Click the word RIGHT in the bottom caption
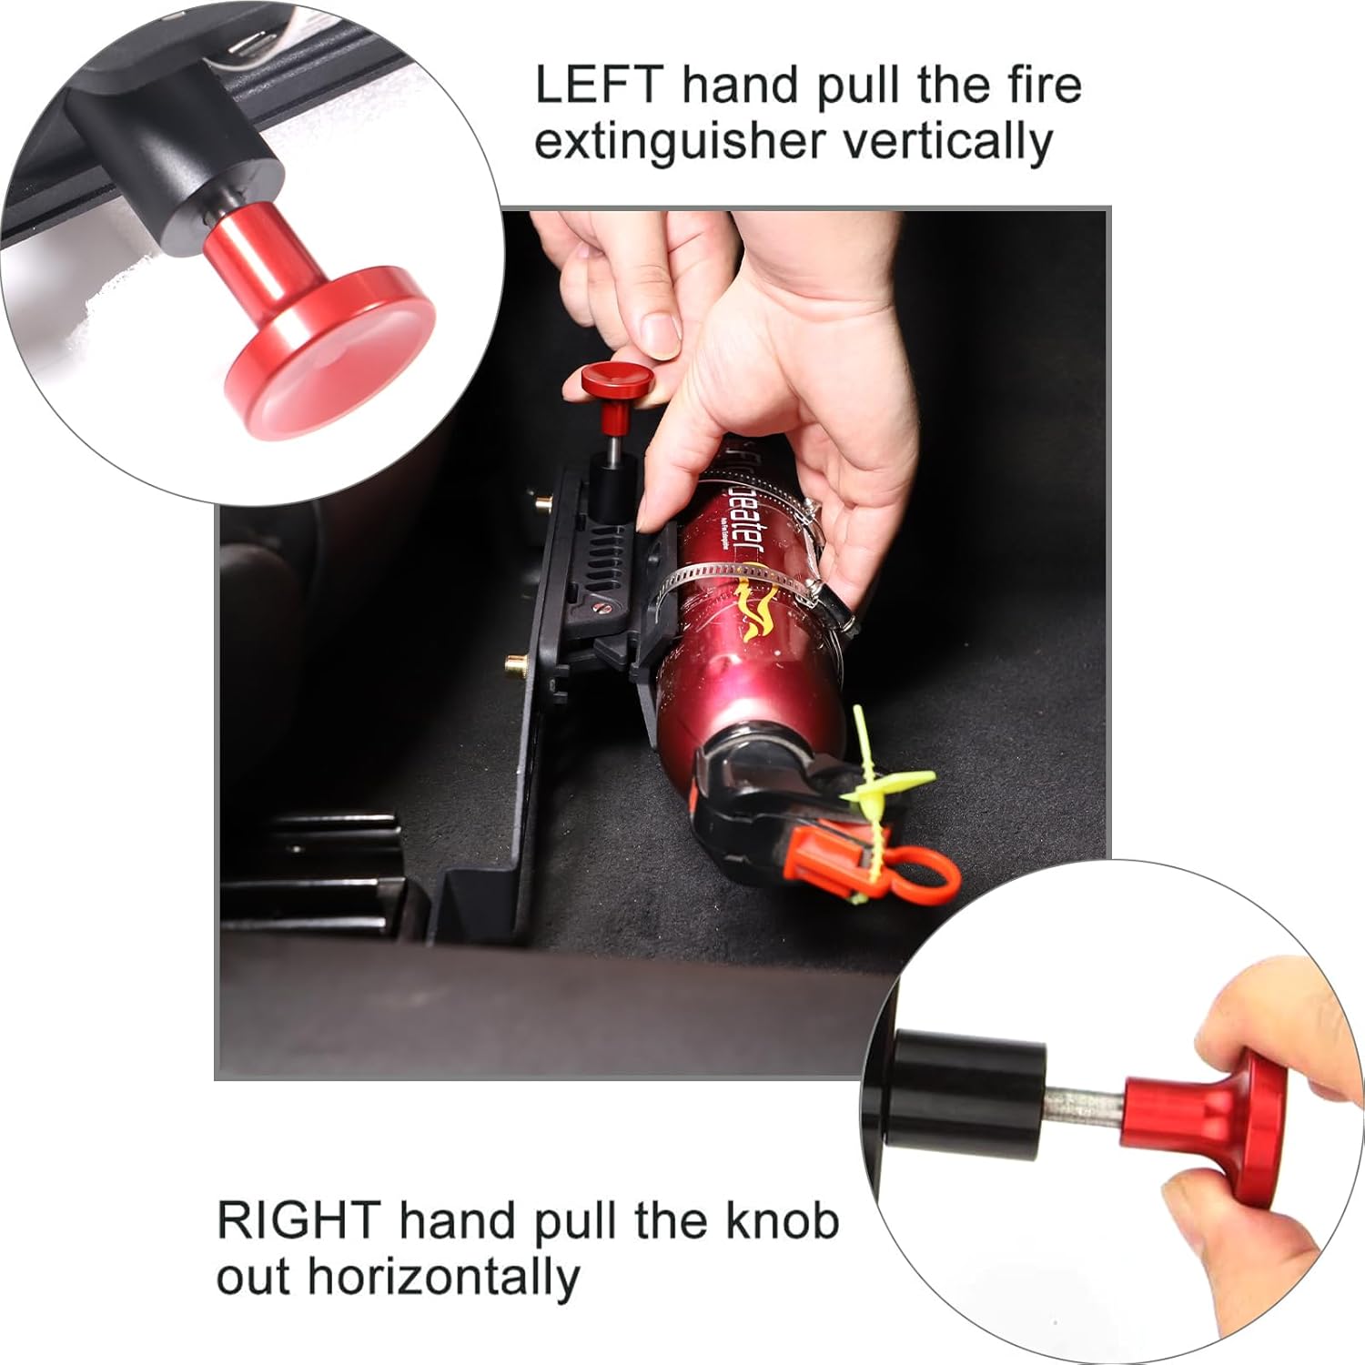(298, 1221)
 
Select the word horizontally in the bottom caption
(443, 1278)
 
